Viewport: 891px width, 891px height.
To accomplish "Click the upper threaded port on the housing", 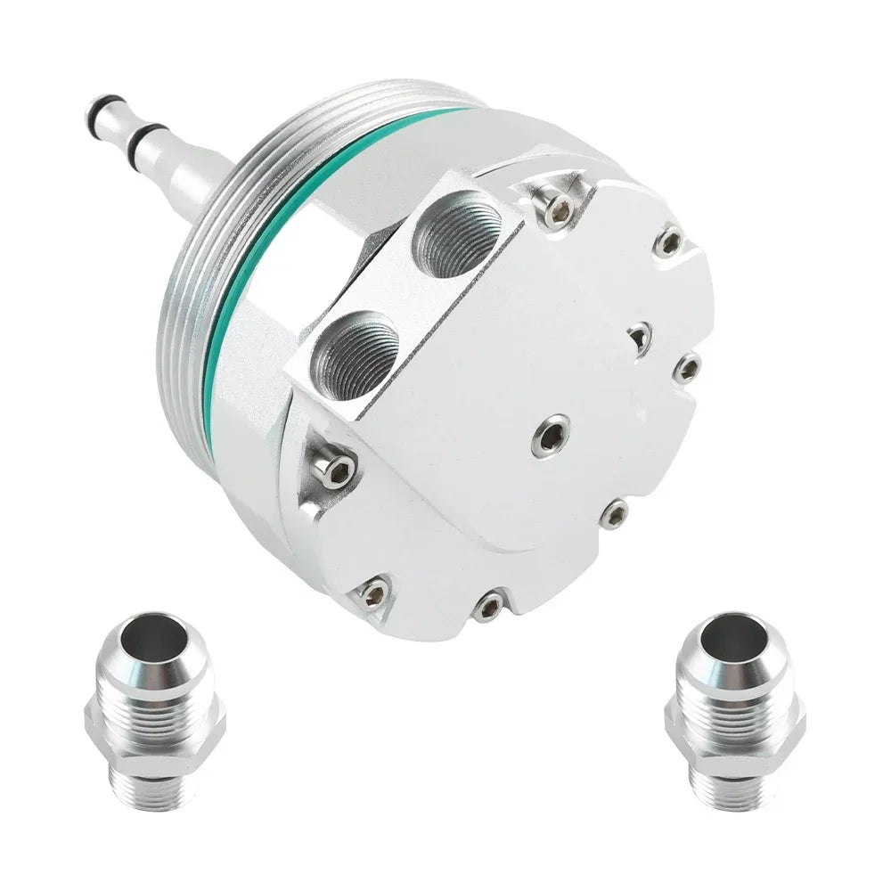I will [x=460, y=233].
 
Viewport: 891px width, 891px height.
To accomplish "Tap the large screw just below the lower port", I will [x=337, y=470].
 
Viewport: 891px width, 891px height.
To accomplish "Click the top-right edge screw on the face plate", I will [x=669, y=241].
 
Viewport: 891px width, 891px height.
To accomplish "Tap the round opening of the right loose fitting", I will [x=733, y=639].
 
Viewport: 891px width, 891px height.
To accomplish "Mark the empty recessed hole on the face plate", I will [x=640, y=337].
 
